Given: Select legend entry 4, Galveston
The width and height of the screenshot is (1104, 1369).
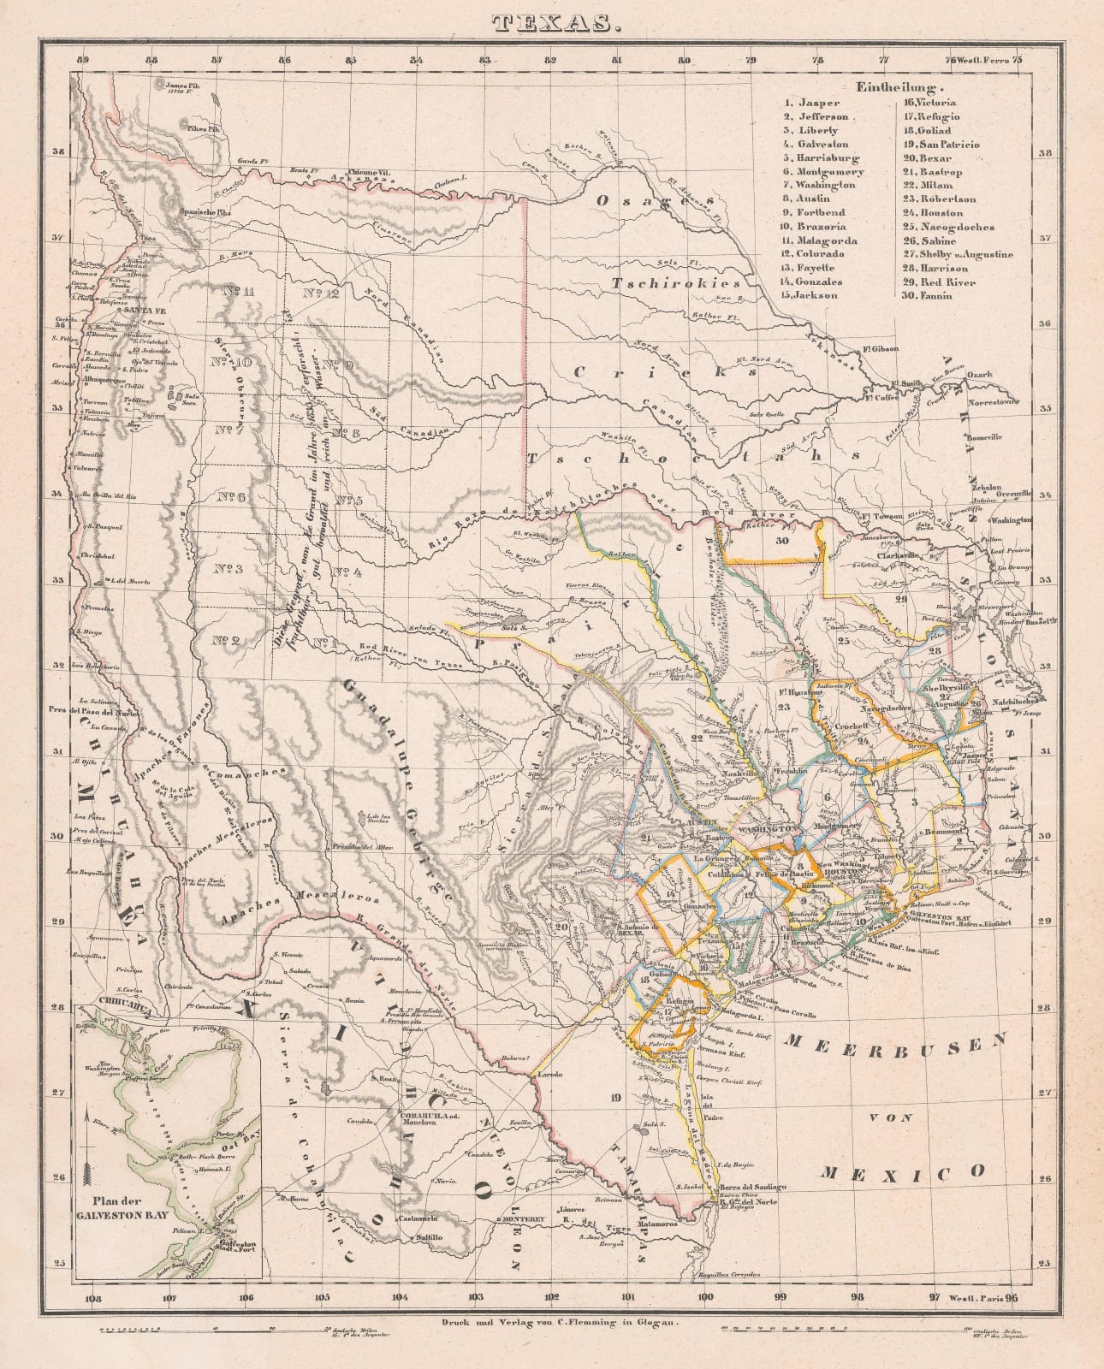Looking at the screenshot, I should [813, 144].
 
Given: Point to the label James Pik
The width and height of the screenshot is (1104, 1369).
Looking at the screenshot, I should [181, 86].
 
